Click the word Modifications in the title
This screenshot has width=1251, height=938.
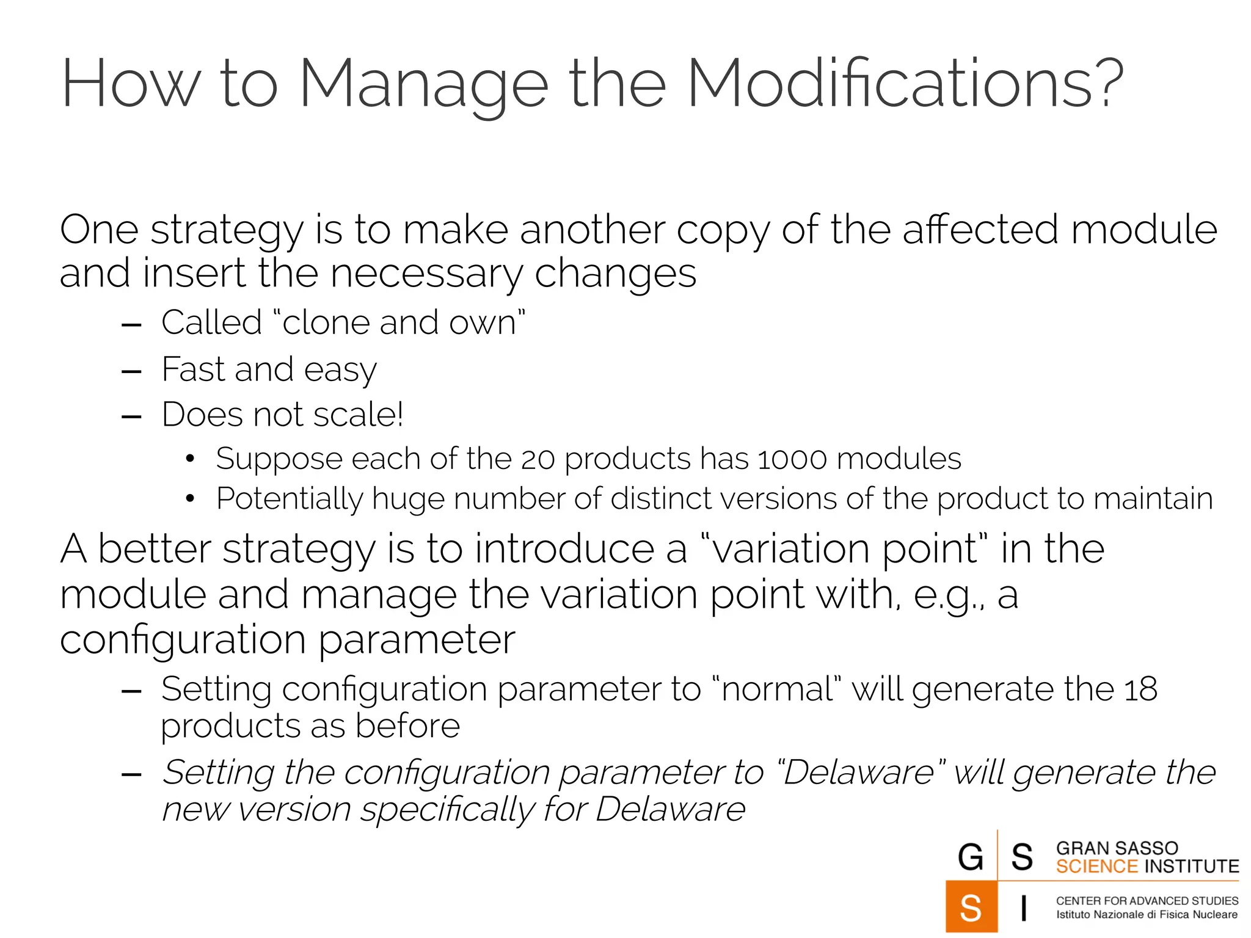[x=905, y=84]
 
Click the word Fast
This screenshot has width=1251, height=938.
[x=192, y=369]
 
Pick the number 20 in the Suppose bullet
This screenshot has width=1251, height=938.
[x=538, y=459]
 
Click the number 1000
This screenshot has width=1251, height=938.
[x=792, y=459]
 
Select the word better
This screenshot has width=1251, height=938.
[x=155, y=548]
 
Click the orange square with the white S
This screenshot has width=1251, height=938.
[x=971, y=907]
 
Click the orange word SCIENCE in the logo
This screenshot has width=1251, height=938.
[x=1096, y=867]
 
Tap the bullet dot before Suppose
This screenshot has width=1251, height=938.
[x=190, y=459]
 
